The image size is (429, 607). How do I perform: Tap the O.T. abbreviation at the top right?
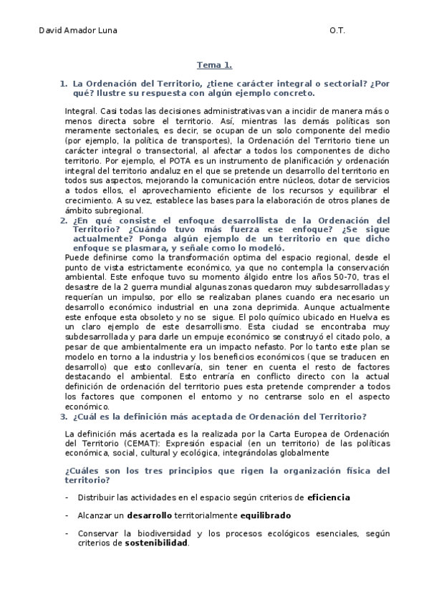[337, 31]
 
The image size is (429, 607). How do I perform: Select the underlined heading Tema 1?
[214, 64]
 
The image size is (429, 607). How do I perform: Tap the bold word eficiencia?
[329, 496]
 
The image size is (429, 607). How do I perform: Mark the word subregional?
[113, 211]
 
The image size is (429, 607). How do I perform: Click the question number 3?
[64, 417]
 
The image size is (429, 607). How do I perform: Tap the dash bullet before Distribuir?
[67, 496]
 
